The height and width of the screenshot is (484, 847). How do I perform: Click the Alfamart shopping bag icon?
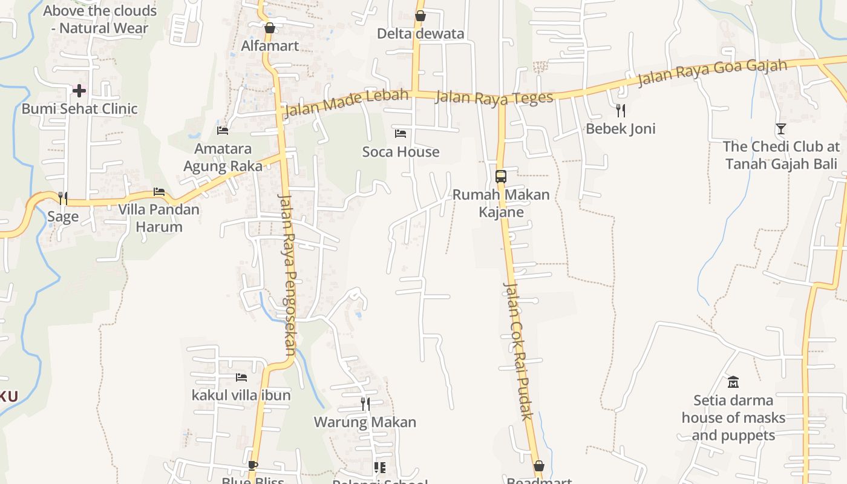pos(270,28)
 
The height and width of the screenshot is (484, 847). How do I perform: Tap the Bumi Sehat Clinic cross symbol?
pos(79,91)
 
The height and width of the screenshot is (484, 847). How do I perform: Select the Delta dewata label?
pos(420,33)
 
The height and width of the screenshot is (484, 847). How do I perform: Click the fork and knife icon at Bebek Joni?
pos(620,110)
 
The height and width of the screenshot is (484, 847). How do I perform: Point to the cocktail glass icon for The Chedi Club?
pos(780,128)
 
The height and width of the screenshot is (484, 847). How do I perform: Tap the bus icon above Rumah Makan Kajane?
pos(501,177)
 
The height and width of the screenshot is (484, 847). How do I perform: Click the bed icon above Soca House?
pos(400,133)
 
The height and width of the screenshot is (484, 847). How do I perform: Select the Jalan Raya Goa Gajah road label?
pos(713,73)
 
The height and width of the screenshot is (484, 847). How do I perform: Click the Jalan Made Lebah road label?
pos(345,102)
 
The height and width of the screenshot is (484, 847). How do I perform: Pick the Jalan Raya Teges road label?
pos(494,98)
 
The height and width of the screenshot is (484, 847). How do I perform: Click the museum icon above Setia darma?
pos(733,382)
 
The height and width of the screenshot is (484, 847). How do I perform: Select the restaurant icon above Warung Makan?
pos(365,404)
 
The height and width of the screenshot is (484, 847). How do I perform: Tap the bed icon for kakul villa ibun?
pos(241,378)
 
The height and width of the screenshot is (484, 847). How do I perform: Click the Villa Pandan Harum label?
pos(159,218)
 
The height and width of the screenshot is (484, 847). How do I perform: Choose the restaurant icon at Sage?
pos(62,198)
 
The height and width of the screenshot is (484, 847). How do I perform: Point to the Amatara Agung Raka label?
pos(223,157)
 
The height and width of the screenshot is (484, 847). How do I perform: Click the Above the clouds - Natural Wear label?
pos(100,19)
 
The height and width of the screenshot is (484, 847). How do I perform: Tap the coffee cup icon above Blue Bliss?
pos(252,465)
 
